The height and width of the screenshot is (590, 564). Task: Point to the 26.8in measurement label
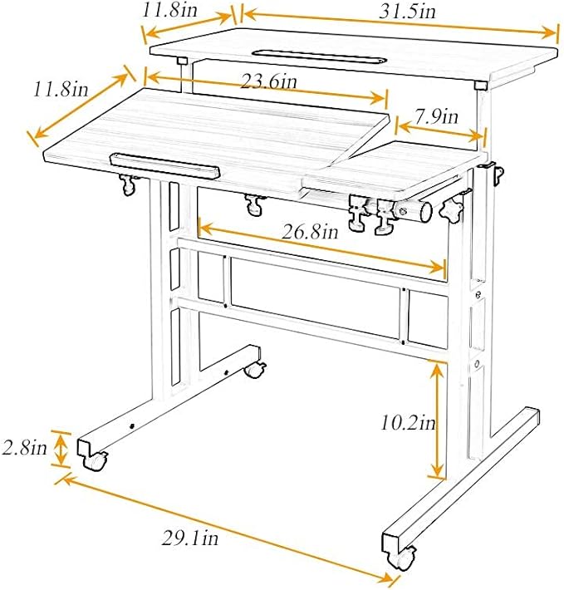309,232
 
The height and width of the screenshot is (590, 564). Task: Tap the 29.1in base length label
190,538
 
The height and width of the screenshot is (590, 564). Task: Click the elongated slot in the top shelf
316,56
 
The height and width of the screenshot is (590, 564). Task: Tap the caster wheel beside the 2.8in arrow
98,460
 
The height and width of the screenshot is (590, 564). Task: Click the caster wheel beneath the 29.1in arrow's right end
407,558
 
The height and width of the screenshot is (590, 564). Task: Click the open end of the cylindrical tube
424,212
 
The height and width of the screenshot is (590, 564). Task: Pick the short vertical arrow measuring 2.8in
61,450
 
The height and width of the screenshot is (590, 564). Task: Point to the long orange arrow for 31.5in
399,24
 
